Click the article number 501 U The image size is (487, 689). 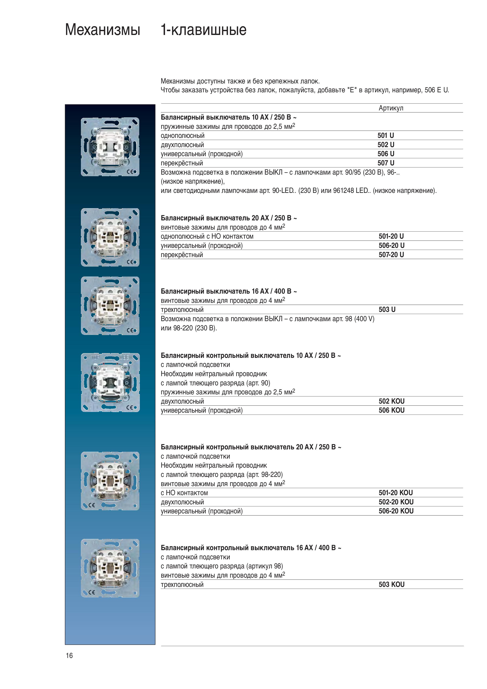pyautogui.click(x=386, y=136)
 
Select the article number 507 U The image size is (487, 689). pyautogui.click(x=386, y=163)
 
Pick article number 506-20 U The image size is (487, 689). pyautogui.click(x=391, y=246)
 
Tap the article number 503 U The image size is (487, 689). pyautogui.click(x=387, y=309)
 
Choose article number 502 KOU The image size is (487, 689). pyautogui.click(x=391, y=401)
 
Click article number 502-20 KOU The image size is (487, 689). pyautogui.click(x=396, y=502)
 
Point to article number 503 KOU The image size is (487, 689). pyautogui.click(x=391, y=584)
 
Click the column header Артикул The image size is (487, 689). pyautogui.click(x=391, y=108)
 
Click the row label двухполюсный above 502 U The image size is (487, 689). pyautogui.click(x=182, y=145)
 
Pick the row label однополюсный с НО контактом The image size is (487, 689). pyautogui.click(x=207, y=236)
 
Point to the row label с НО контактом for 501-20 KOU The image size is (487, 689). pyautogui.click(x=184, y=493)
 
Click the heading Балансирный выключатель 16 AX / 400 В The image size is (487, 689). pyautogui.click(x=229, y=291)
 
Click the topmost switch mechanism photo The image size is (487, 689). pyautogui.click(x=110, y=147)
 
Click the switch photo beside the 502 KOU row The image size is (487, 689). pyautogui.click(x=110, y=382)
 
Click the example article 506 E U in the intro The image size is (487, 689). pyautogui.click(x=437, y=90)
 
